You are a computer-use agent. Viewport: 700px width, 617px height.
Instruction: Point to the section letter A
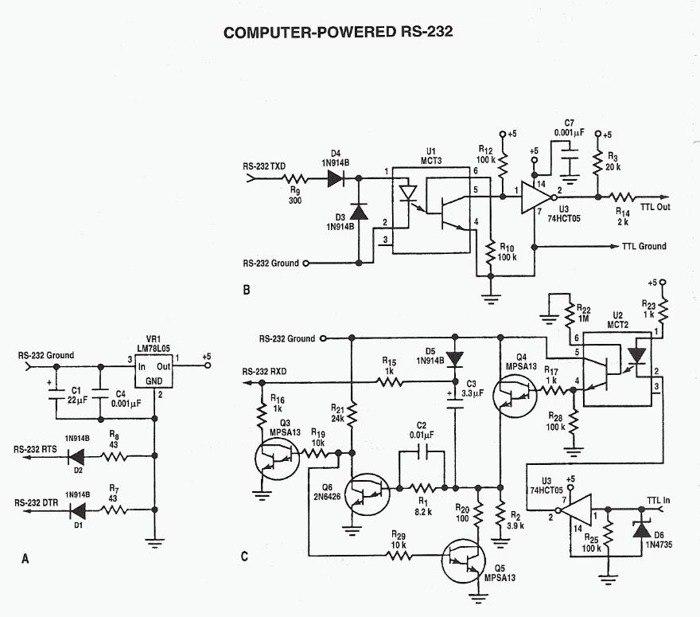(x=25, y=561)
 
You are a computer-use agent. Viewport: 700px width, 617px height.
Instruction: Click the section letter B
(x=246, y=291)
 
